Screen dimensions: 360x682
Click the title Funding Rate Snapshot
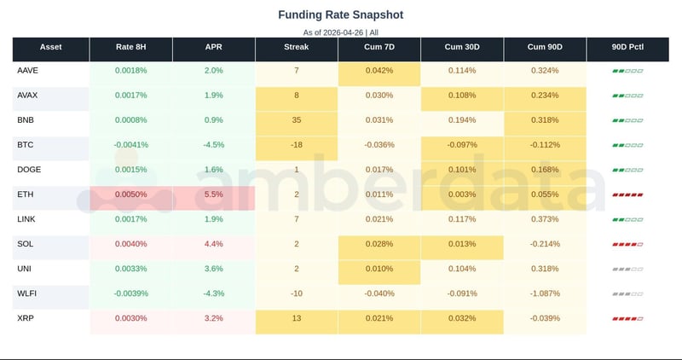pyautogui.click(x=341, y=15)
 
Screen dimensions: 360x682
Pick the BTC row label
pyautogui.click(x=26, y=145)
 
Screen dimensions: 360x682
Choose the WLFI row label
pyautogui.click(x=27, y=293)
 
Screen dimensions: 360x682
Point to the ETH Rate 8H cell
pyautogui.click(x=130, y=195)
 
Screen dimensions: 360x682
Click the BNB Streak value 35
pyautogui.click(x=297, y=120)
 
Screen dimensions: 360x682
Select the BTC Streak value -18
pyautogui.click(x=297, y=145)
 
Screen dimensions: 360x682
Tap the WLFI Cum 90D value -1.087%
pyautogui.click(x=545, y=293)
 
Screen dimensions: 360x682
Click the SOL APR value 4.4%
pyautogui.click(x=213, y=244)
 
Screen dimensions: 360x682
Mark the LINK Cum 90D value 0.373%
pyautogui.click(x=545, y=219)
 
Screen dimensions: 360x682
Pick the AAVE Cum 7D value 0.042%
pyautogui.click(x=379, y=71)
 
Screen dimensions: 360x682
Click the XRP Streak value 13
pyautogui.click(x=297, y=318)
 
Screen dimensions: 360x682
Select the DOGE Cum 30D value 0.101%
pyautogui.click(x=462, y=170)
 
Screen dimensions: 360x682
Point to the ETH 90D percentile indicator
pyautogui.click(x=627, y=195)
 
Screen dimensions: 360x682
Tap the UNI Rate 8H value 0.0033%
pyautogui.click(x=130, y=269)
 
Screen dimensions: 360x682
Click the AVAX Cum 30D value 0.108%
pyautogui.click(x=462, y=96)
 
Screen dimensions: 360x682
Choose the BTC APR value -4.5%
pyautogui.click(x=213, y=145)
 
